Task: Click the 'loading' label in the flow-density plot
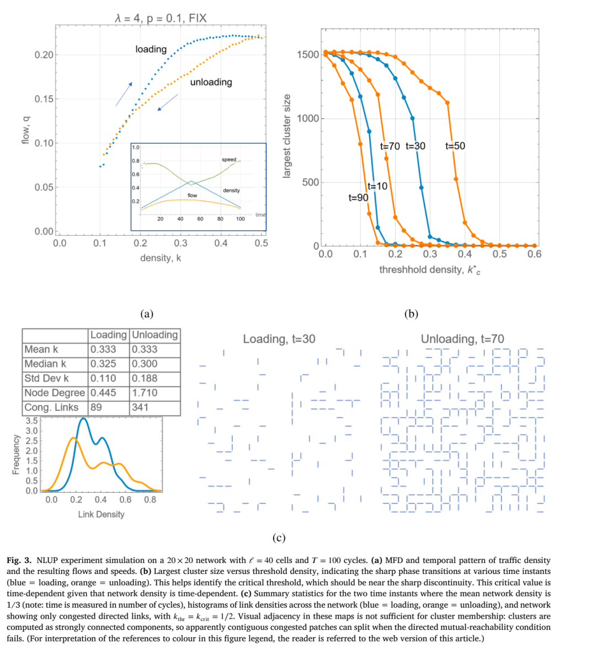tap(151, 49)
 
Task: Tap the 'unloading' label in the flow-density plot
tap(211, 82)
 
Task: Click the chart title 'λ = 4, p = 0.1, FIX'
tap(161, 18)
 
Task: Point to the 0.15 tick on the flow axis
tap(44, 99)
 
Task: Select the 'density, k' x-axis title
tap(161, 258)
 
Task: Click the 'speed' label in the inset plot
tap(229, 160)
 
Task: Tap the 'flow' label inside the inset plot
tap(192, 196)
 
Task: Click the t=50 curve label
tap(455, 146)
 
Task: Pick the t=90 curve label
tap(359, 197)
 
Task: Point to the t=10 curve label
tap(377, 186)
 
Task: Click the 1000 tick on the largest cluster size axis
tap(308, 119)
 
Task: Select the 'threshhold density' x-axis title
tap(430, 270)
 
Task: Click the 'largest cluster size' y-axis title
tap(286, 136)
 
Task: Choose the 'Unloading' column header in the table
tap(155, 335)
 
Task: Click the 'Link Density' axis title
tap(101, 514)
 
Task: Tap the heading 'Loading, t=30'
tap(279, 339)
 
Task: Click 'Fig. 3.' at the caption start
tap(19, 560)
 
